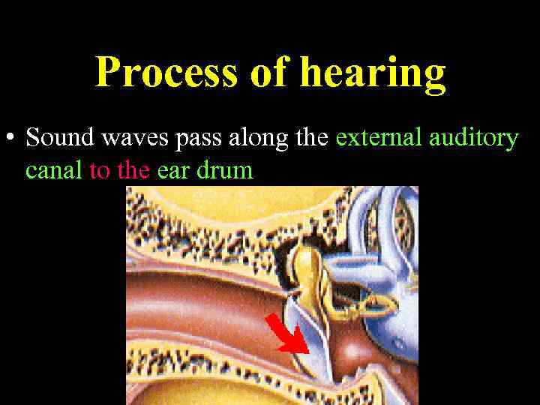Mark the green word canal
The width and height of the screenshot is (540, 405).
[x=55, y=170]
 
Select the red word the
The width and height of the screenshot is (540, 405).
[x=134, y=170]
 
